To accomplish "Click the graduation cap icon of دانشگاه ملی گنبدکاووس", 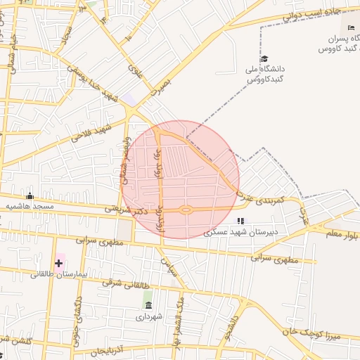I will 264,59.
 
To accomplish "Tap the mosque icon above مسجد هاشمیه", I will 30,196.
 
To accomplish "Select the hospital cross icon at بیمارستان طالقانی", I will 58,263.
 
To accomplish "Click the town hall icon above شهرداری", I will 148,304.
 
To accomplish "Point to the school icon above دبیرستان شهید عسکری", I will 240,220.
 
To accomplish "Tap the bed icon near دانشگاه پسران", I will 352,27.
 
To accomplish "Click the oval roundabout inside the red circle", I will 185,209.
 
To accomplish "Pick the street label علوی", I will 135,71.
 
